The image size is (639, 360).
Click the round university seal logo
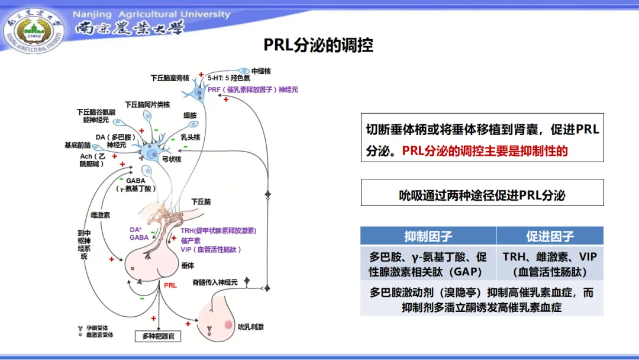point(33,30)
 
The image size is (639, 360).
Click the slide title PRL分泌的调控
point(318,46)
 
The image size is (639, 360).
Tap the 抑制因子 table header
point(428,236)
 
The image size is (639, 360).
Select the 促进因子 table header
point(550,236)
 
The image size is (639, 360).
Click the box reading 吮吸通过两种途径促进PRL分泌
point(482,195)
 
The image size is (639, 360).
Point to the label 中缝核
point(261,71)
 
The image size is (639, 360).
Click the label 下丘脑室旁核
point(170,78)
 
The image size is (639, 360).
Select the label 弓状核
point(172,159)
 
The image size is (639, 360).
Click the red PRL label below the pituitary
point(170,285)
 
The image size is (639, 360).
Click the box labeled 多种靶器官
point(158,336)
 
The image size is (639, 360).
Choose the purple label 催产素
point(191,240)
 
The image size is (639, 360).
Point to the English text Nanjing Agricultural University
point(151,14)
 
